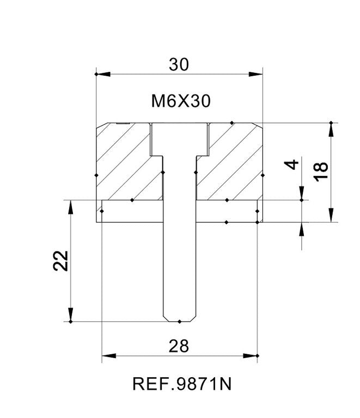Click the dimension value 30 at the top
click(179, 65)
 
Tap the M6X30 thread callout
click(181, 101)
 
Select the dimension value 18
click(321, 171)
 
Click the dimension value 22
click(61, 261)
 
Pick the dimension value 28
click(179, 346)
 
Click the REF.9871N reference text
click(182, 384)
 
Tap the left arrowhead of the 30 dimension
click(103, 74)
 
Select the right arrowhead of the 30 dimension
click(256, 74)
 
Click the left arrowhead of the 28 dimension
click(109, 355)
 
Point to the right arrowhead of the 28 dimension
click(250, 355)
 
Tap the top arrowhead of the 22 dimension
click(71, 207)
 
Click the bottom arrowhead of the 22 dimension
click(71, 315)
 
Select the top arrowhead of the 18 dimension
click(331, 130)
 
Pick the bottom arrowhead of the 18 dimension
click(331, 215)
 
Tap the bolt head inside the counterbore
click(180, 139)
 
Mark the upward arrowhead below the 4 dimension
click(302, 229)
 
